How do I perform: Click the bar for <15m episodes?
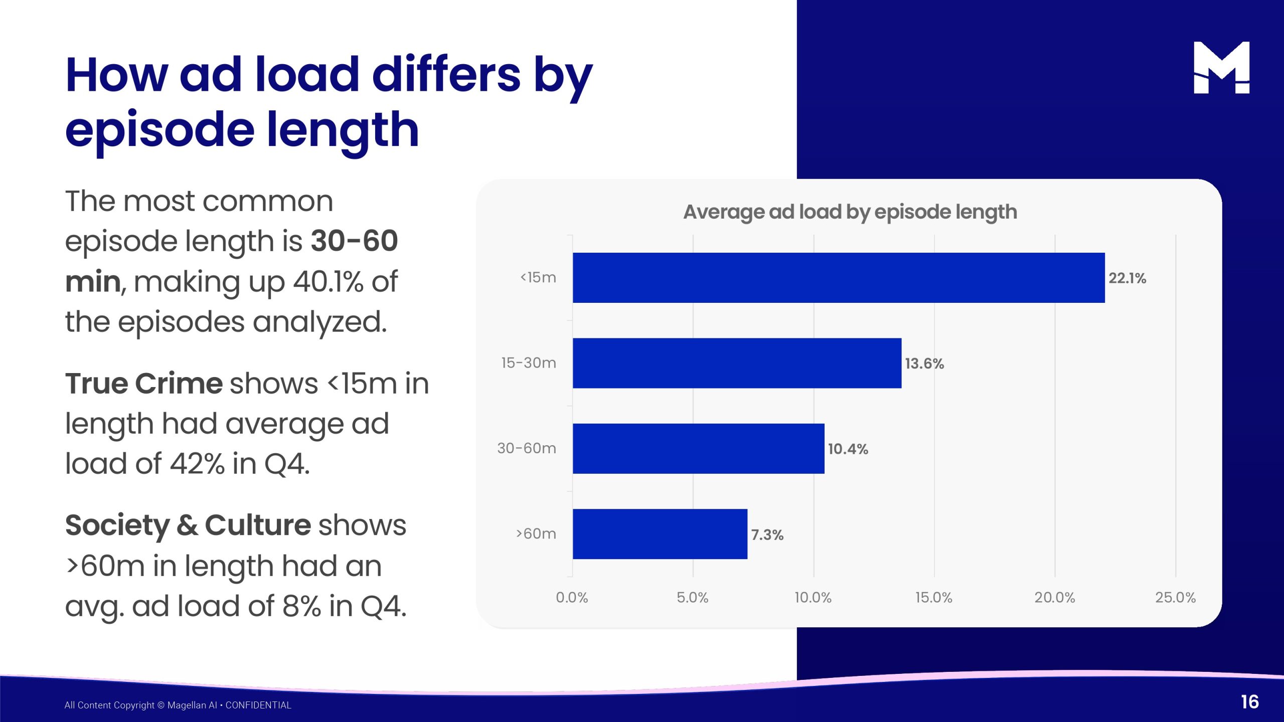[839, 278]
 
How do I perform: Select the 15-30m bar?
[737, 363]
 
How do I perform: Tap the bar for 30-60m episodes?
[698, 448]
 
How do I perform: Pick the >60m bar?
[660, 534]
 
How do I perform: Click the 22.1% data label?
[1127, 278]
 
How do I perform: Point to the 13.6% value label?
[924, 364]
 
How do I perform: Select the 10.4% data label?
[848, 449]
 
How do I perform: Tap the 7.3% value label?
[767, 535]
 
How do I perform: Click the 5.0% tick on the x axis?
[692, 598]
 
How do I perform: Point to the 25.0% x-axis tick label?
[1175, 598]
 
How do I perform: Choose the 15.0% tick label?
[933, 598]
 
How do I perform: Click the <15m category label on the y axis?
[538, 277]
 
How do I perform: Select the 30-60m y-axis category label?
[527, 448]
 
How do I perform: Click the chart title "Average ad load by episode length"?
[850, 212]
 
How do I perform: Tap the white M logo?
[1221, 68]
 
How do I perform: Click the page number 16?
[1250, 702]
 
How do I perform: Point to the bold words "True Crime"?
[144, 384]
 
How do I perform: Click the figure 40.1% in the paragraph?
[328, 282]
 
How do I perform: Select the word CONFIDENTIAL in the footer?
[258, 705]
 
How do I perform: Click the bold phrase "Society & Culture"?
[188, 525]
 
